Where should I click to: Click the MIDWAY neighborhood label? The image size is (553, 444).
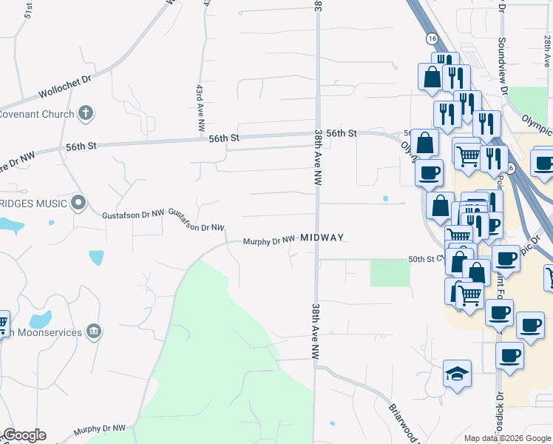(322, 238)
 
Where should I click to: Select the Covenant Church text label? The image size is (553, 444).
(37, 115)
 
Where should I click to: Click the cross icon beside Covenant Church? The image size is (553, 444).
(86, 114)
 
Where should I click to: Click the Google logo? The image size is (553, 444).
(24, 435)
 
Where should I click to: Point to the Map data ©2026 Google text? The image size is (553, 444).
(507, 438)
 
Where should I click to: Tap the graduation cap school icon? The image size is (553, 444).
(457, 374)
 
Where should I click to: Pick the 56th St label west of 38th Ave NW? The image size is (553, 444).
(224, 138)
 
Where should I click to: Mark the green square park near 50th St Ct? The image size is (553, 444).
(390, 273)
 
